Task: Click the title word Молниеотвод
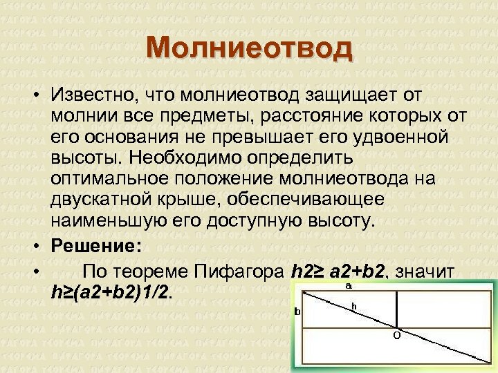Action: [x=249, y=50]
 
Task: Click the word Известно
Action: [x=93, y=93]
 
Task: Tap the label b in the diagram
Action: [x=297, y=312]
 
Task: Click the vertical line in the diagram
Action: [x=396, y=308]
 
